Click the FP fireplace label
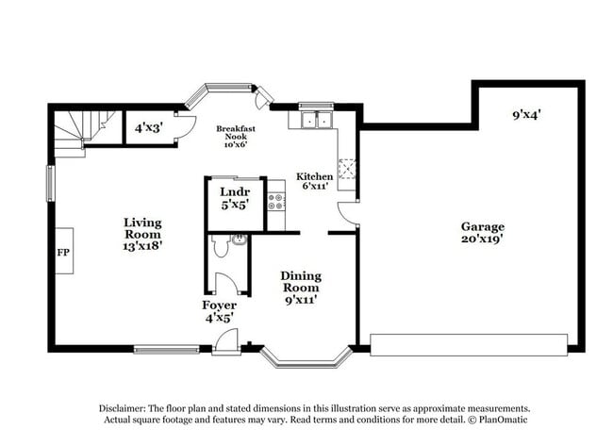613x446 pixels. coord(63,253)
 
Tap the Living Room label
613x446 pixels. coord(143,233)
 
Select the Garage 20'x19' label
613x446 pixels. coord(482,233)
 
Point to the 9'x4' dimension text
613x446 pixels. coord(526,115)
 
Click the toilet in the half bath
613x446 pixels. coord(221,247)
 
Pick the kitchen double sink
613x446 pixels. coord(316,119)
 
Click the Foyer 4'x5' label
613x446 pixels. coord(219,311)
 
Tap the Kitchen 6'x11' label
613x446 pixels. coord(314,181)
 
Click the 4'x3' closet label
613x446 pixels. coord(148,126)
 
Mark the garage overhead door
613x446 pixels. coord(469,344)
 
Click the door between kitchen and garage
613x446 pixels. coord(349,212)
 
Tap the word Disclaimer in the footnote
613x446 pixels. coord(126,408)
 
